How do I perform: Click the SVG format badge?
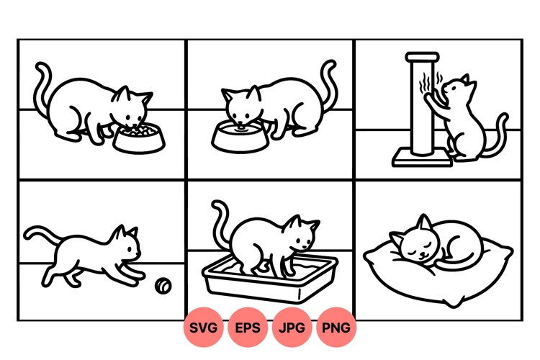coord(204,328)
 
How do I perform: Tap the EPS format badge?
coord(248,328)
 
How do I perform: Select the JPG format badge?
coord(292,328)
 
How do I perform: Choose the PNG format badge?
coord(336,328)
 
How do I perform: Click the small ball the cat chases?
coord(165,287)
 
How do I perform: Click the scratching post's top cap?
coord(423,57)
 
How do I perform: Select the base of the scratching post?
coord(422,156)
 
